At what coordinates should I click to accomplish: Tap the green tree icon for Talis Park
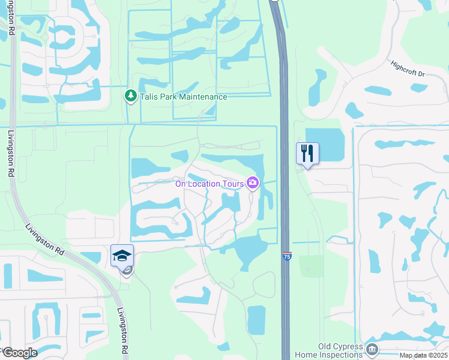(130, 96)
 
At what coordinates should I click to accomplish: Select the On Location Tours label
(209, 184)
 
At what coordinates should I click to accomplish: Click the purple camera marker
(253, 182)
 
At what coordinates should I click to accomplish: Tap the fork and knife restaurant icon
(307, 153)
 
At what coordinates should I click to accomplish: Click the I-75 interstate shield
(287, 256)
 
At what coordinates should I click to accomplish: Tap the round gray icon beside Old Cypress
(372, 349)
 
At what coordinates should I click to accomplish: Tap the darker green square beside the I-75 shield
(311, 265)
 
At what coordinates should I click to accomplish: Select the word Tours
(232, 184)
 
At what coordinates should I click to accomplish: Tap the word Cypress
(348, 347)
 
